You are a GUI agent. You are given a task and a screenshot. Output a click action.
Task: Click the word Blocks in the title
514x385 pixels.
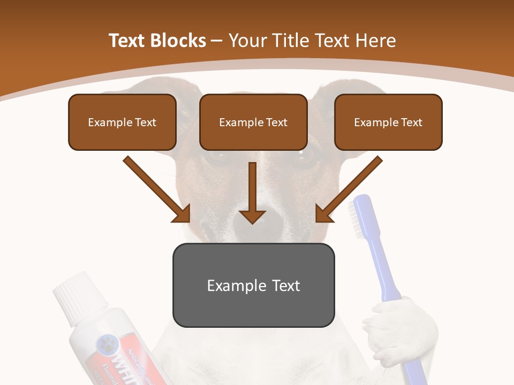pos(178,41)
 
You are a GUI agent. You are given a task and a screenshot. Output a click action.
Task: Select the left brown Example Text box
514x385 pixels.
pos(122,122)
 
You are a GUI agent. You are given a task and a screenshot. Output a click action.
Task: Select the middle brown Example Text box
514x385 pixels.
pos(253,122)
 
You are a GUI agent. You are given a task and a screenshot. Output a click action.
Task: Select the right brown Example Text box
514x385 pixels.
pos(388,122)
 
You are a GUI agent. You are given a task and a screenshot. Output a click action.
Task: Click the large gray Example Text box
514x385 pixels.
pos(253,285)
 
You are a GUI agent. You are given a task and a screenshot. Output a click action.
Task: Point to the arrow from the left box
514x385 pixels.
pos(157,189)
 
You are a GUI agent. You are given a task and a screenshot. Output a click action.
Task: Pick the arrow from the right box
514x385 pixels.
pos(349,189)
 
